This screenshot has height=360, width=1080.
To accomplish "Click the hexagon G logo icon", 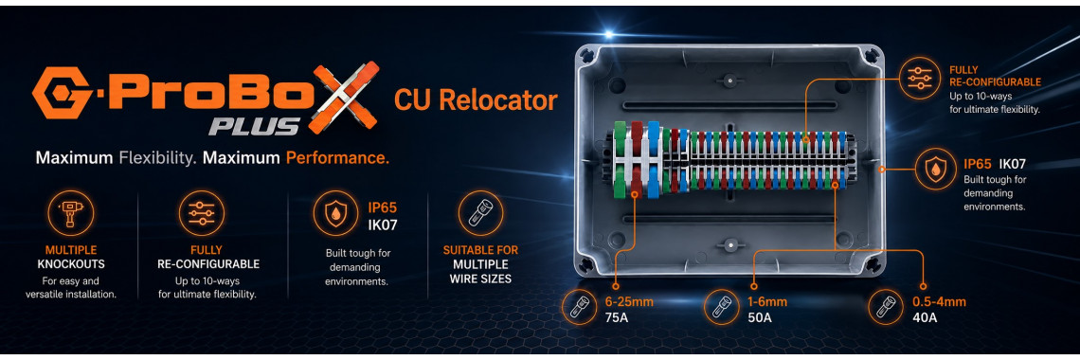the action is pyautogui.click(x=62, y=92).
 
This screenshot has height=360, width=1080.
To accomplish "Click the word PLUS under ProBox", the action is pyautogui.click(x=255, y=125).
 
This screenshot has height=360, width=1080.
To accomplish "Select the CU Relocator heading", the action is pyautogui.click(x=476, y=100).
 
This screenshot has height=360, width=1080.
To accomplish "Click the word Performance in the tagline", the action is pyautogui.click(x=337, y=157).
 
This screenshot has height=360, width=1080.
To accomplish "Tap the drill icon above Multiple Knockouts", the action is pyautogui.click(x=70, y=213).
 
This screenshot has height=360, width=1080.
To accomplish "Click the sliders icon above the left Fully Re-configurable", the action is pyautogui.click(x=202, y=213).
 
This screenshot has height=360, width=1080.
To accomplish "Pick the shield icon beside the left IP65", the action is pyautogui.click(x=335, y=213).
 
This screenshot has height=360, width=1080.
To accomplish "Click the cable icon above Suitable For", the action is pyautogui.click(x=480, y=213).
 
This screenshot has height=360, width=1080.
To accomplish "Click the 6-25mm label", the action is pyautogui.click(x=629, y=301).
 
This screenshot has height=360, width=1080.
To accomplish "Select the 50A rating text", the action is pyautogui.click(x=760, y=318).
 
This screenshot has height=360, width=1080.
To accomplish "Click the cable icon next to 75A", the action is pyautogui.click(x=580, y=308).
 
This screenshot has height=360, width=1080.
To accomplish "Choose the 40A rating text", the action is pyautogui.click(x=925, y=318).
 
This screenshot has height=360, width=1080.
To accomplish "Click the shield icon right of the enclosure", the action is pyautogui.click(x=935, y=170).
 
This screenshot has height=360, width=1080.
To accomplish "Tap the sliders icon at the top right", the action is pyautogui.click(x=921, y=77).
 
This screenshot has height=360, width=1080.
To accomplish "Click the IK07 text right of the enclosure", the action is pyautogui.click(x=1012, y=164).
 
